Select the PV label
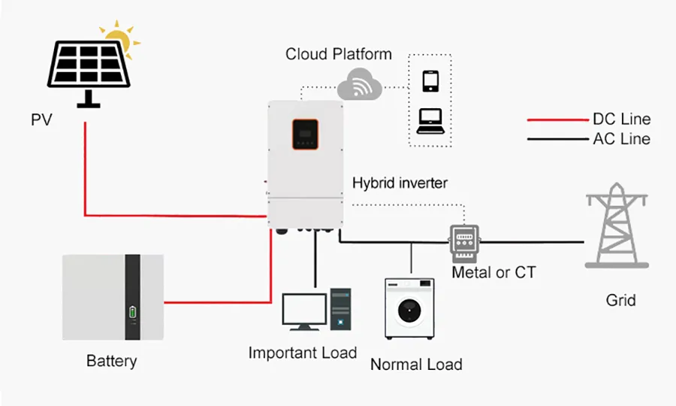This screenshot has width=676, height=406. [x=41, y=120]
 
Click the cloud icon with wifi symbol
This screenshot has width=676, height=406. [x=360, y=83]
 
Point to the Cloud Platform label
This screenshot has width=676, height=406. [x=338, y=54]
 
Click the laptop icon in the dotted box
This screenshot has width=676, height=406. [x=430, y=120]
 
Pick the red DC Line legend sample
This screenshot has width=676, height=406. [x=556, y=120]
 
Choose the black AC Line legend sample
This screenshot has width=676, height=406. [x=556, y=139]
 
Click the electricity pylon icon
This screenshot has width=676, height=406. [x=617, y=225]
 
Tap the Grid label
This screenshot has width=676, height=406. [x=620, y=300]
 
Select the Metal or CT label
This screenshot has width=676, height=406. [x=493, y=272]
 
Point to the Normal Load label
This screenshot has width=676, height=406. [x=415, y=365]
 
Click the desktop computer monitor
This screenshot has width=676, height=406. [x=304, y=309]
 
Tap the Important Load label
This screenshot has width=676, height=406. [x=303, y=353]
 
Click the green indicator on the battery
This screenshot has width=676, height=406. [x=133, y=311]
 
